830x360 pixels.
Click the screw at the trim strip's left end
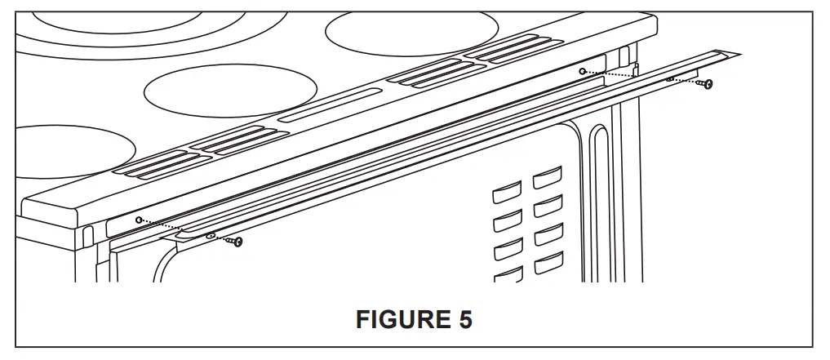tap(237, 242)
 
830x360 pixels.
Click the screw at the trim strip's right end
tap(708, 83)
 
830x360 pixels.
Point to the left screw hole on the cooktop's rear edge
tap(139, 220)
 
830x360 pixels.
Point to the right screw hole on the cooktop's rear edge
tap(582, 72)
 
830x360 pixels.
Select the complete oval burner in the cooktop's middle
tap(230, 91)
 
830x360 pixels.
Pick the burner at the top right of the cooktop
tap(411, 29)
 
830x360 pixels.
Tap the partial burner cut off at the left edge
tap(73, 152)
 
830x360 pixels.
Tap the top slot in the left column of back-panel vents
tap(507, 194)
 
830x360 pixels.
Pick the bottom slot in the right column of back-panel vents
tap(548, 264)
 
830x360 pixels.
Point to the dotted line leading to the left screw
tap(175, 229)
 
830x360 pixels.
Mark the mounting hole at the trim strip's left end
tap(210, 235)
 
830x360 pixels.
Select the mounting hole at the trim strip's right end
tap(670, 79)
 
